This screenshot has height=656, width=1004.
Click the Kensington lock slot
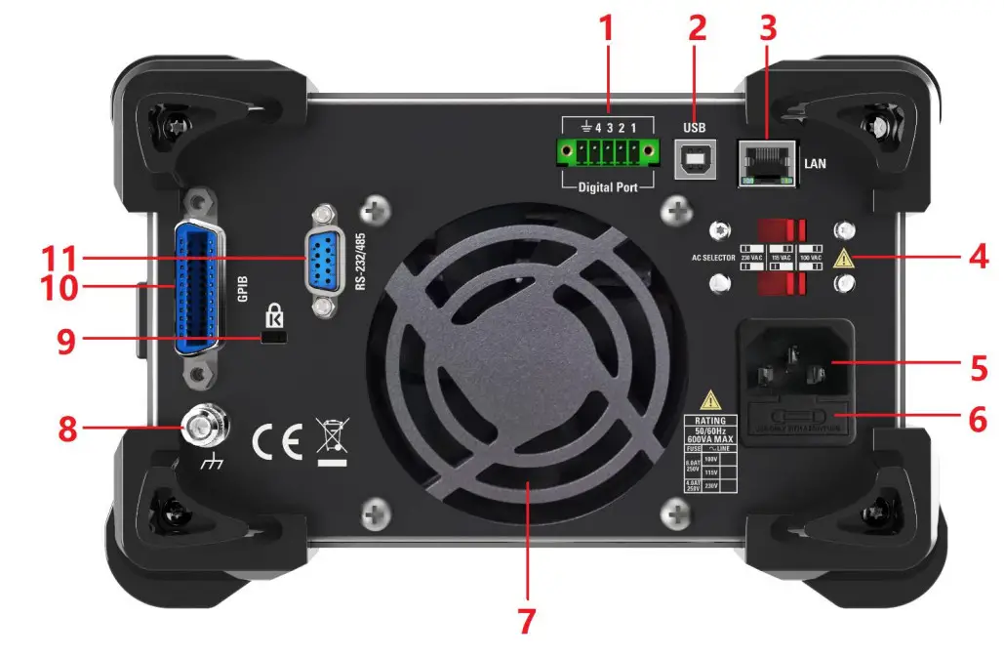click(x=275, y=337)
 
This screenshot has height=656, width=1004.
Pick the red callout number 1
click(x=607, y=27)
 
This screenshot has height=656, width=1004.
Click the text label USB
click(x=695, y=127)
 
